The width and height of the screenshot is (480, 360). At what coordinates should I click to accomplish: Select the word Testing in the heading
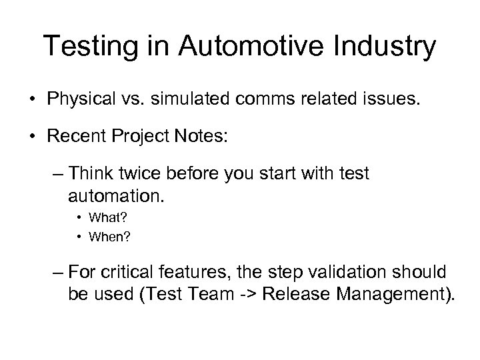pyautogui.click(x=85, y=47)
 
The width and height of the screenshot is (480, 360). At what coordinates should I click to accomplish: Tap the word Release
pyautogui.click(x=295, y=295)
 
